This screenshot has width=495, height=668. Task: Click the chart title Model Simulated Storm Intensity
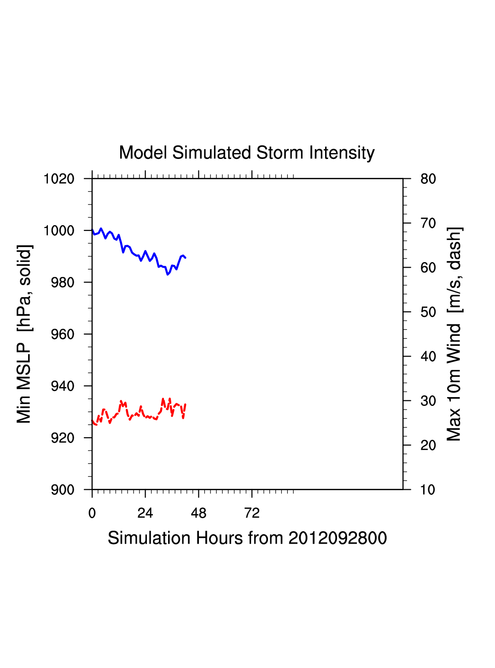point(247,153)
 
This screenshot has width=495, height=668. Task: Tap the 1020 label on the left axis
point(59,179)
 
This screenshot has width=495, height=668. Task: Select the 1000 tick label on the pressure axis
point(59,230)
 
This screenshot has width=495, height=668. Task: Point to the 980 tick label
point(62,282)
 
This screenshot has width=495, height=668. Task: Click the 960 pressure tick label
point(62,334)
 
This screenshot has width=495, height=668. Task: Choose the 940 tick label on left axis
point(62,386)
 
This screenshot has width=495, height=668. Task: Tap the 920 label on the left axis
point(62,438)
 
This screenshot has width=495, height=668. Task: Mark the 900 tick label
point(62,490)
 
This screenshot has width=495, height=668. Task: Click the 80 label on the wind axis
point(428,179)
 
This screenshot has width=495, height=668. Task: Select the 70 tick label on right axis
point(428,223)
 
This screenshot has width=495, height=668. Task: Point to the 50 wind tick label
point(428,312)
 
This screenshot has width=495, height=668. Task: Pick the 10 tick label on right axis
point(428,490)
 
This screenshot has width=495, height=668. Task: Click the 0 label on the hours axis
point(92,513)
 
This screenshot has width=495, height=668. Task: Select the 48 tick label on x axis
point(198,513)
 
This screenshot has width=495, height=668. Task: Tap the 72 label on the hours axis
point(252,513)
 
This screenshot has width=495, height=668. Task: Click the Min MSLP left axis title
point(24,334)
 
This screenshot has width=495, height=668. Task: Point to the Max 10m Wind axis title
point(454,334)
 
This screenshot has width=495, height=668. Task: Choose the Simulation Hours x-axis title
point(247,538)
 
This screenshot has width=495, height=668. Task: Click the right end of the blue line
point(185,258)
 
